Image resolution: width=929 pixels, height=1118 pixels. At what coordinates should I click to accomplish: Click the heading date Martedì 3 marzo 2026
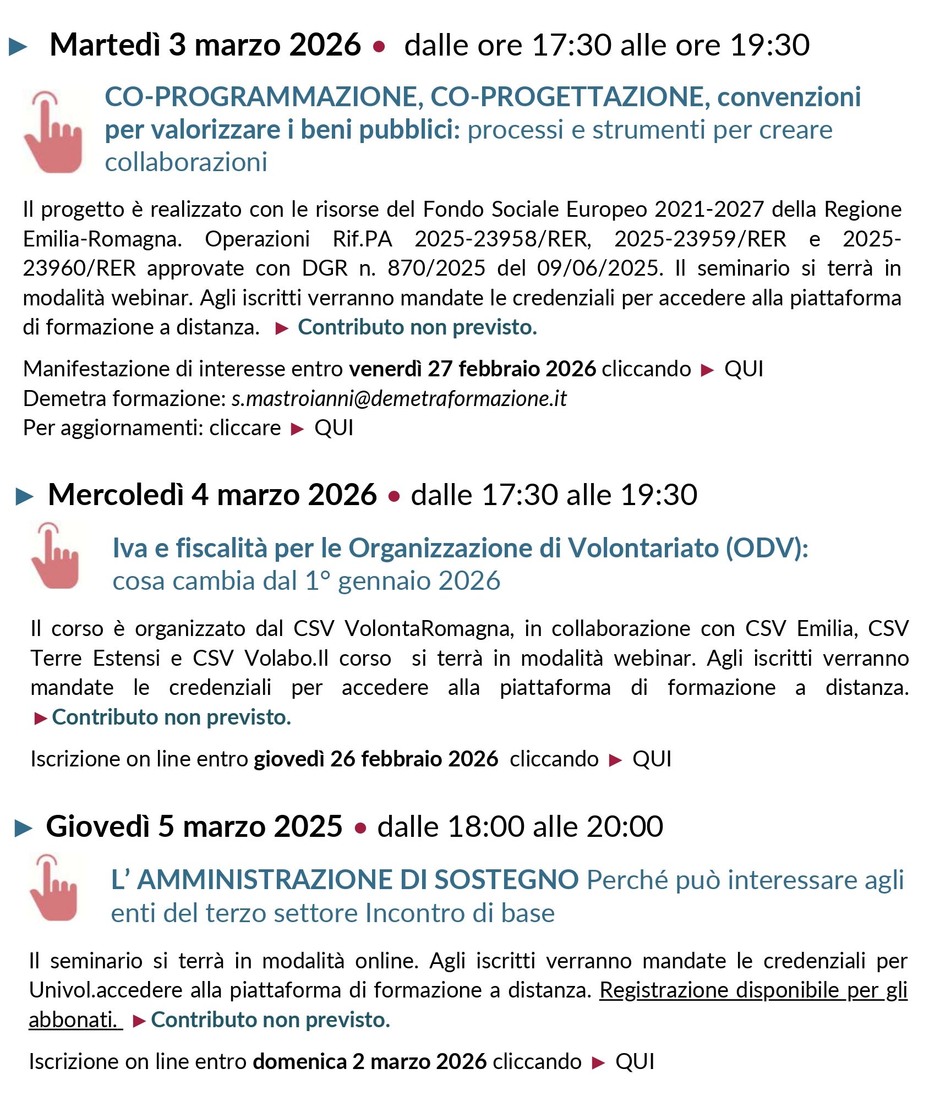205,45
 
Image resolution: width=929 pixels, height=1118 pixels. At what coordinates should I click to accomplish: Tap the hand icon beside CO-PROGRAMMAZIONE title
53,132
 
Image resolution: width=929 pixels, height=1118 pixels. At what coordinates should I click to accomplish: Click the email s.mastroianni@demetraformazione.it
399,398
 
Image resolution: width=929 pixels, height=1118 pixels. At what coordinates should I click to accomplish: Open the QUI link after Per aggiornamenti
334,428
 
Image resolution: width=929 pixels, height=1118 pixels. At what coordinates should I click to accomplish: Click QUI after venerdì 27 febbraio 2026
744,369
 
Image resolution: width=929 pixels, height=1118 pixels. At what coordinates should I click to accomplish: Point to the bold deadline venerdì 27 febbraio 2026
472,369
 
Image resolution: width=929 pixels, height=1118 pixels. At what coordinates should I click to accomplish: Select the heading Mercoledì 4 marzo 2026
212,495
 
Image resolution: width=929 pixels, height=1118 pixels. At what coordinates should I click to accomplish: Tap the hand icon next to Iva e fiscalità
55,556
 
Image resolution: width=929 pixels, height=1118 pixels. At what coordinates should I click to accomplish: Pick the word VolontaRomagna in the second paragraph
429,628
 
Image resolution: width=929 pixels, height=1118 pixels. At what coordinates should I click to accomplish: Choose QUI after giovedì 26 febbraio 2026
652,759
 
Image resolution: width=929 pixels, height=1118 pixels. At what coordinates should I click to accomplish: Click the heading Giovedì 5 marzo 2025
194,826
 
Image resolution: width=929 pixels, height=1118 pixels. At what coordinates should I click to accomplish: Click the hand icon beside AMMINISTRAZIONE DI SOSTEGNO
53,888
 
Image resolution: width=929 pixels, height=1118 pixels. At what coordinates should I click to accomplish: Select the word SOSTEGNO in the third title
506,880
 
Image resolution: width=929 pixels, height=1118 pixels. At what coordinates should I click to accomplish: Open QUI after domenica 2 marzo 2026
635,1061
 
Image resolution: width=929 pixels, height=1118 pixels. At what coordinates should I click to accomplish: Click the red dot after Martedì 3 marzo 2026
379,47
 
